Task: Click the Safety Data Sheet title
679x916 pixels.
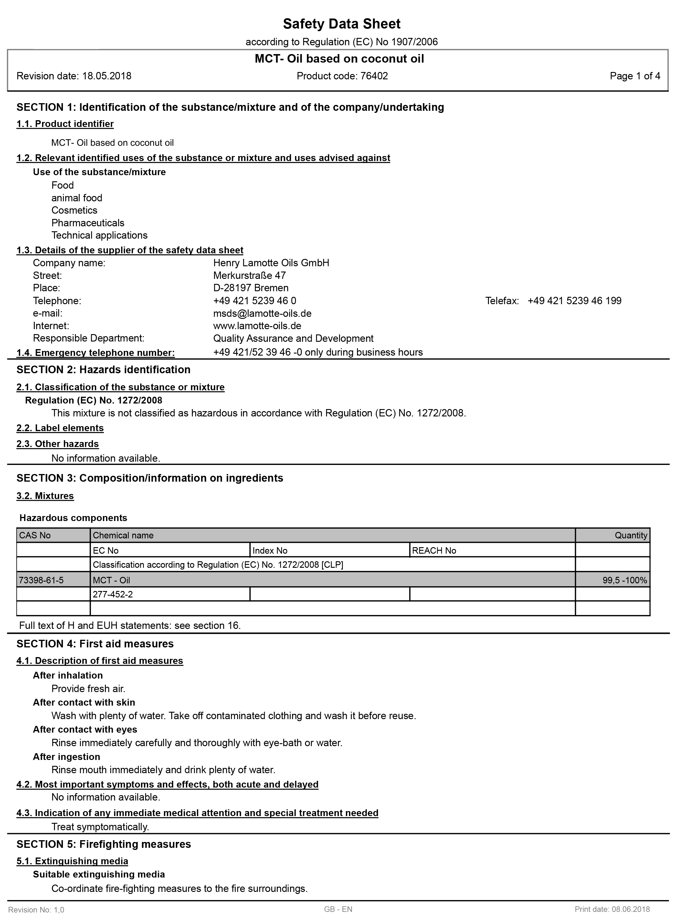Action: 341,24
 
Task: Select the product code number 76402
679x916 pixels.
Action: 374,76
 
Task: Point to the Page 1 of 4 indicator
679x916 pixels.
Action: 635,76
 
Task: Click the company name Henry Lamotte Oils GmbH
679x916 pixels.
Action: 271,263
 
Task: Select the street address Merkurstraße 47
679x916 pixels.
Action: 249,275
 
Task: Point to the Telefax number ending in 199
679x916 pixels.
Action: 574,301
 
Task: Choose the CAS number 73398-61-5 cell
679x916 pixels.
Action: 41,580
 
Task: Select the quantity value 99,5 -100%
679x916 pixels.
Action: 624,580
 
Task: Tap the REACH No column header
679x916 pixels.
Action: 434,550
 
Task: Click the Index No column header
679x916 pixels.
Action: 270,550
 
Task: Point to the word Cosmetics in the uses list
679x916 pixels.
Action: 74,210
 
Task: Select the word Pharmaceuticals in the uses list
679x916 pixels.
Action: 88,223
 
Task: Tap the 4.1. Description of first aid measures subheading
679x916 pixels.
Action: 100,661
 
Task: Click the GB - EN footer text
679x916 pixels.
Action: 338,909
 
